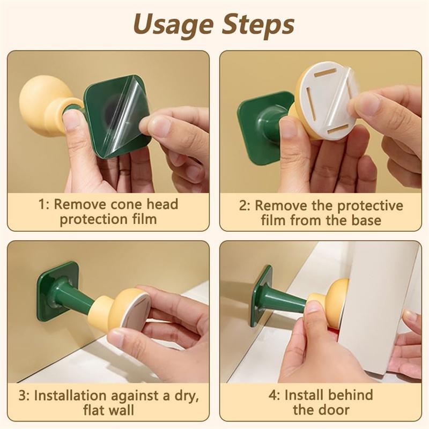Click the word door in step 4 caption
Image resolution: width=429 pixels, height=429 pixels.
pyautogui.click(x=336, y=411)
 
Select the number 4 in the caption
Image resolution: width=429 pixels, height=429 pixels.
pyautogui.click(x=273, y=396)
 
